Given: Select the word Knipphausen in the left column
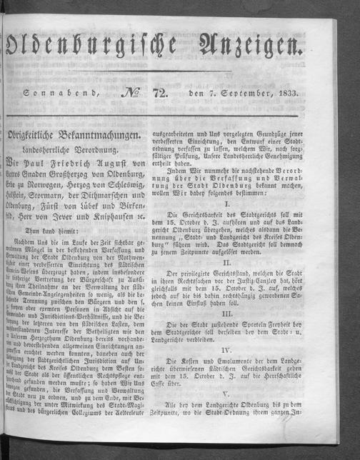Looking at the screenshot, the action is (134, 215).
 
